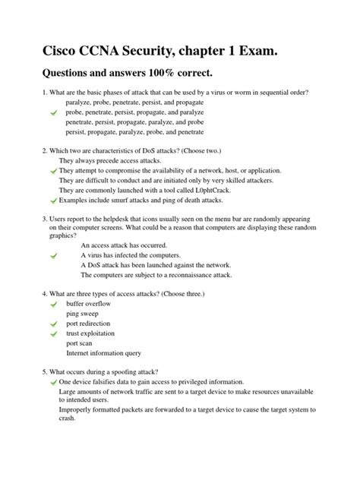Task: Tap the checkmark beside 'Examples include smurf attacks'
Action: pos(52,201)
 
